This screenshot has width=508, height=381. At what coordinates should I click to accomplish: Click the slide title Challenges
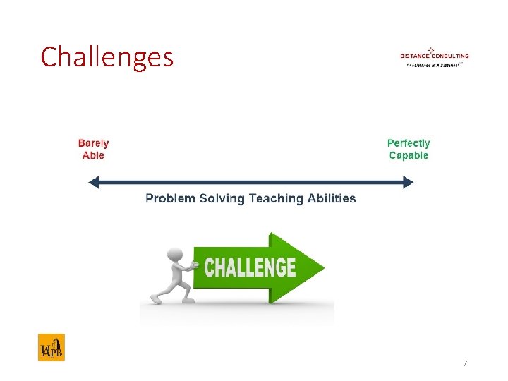(107, 57)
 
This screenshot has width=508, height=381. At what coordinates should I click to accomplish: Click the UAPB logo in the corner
(51, 347)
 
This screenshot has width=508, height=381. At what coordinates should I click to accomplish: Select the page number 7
(464, 363)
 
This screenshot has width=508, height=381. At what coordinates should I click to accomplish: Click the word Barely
(93, 143)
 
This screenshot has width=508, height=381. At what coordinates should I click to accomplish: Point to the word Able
(93, 155)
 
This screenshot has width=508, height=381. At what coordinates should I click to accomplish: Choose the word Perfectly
(409, 143)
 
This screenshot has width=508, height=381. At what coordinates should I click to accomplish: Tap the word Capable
(409, 155)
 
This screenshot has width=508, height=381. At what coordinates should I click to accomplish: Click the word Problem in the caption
(170, 198)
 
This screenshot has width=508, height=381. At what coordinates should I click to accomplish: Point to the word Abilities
(332, 198)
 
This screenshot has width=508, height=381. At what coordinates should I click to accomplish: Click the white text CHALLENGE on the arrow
(250, 267)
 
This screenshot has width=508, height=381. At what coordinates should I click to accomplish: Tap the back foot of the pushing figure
(155, 299)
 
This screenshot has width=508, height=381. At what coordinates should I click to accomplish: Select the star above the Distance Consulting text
(430, 49)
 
